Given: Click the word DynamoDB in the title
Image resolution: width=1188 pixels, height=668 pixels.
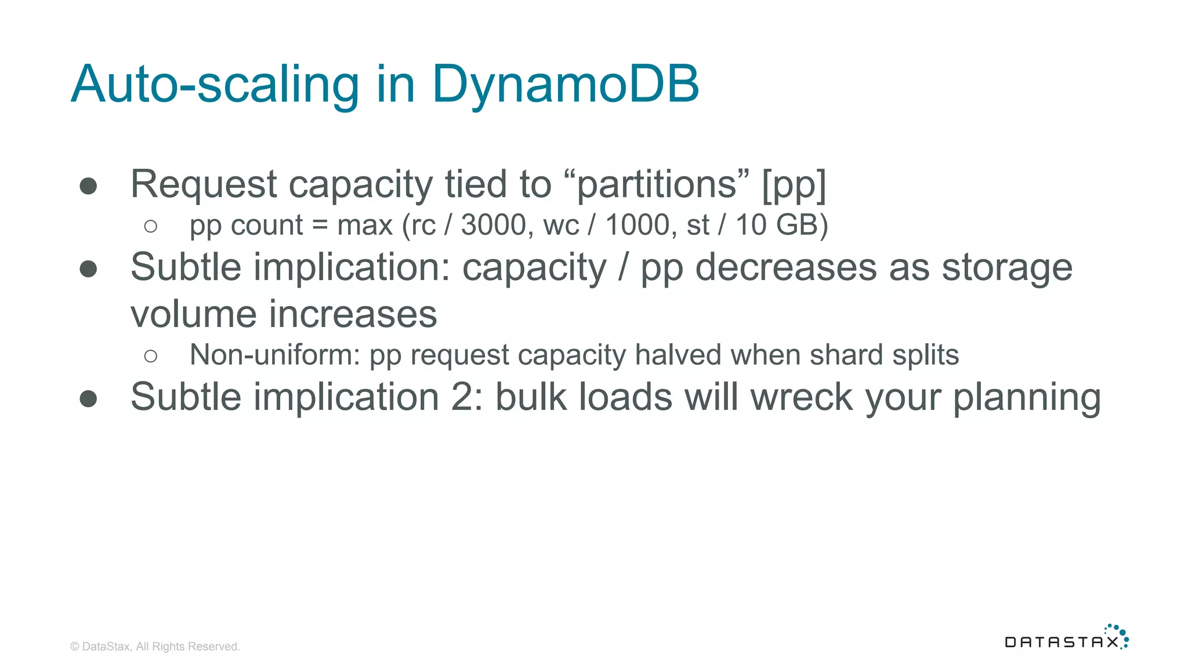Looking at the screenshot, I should (x=565, y=84).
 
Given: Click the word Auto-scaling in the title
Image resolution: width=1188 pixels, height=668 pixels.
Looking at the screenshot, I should (x=215, y=84).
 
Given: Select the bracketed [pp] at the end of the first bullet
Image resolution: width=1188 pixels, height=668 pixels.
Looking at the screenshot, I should (x=794, y=184).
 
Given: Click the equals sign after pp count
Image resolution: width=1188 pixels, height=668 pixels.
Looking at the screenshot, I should (x=320, y=225).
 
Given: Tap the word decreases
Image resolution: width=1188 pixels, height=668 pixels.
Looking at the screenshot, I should (x=786, y=267).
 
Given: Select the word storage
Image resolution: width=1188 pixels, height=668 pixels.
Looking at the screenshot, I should (x=1006, y=267).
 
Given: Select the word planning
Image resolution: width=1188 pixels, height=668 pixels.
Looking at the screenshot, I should (x=1027, y=397).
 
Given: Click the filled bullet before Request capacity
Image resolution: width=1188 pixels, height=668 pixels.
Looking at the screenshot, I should (x=88, y=186).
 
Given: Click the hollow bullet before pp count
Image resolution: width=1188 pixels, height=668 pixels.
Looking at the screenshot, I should (x=151, y=226).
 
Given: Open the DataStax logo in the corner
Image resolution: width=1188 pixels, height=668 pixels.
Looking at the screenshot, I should (x=1066, y=637).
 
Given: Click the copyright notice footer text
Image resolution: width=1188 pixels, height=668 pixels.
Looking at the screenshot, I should (x=155, y=647).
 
